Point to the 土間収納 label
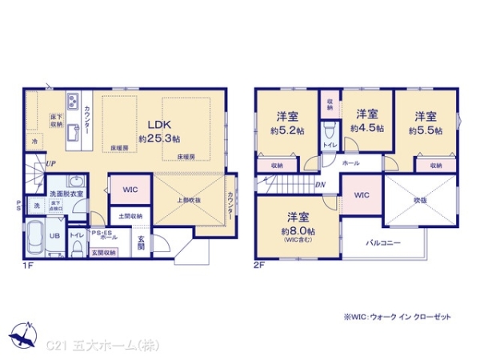[130, 215]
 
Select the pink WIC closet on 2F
[361, 194]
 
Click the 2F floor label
[259, 265]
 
